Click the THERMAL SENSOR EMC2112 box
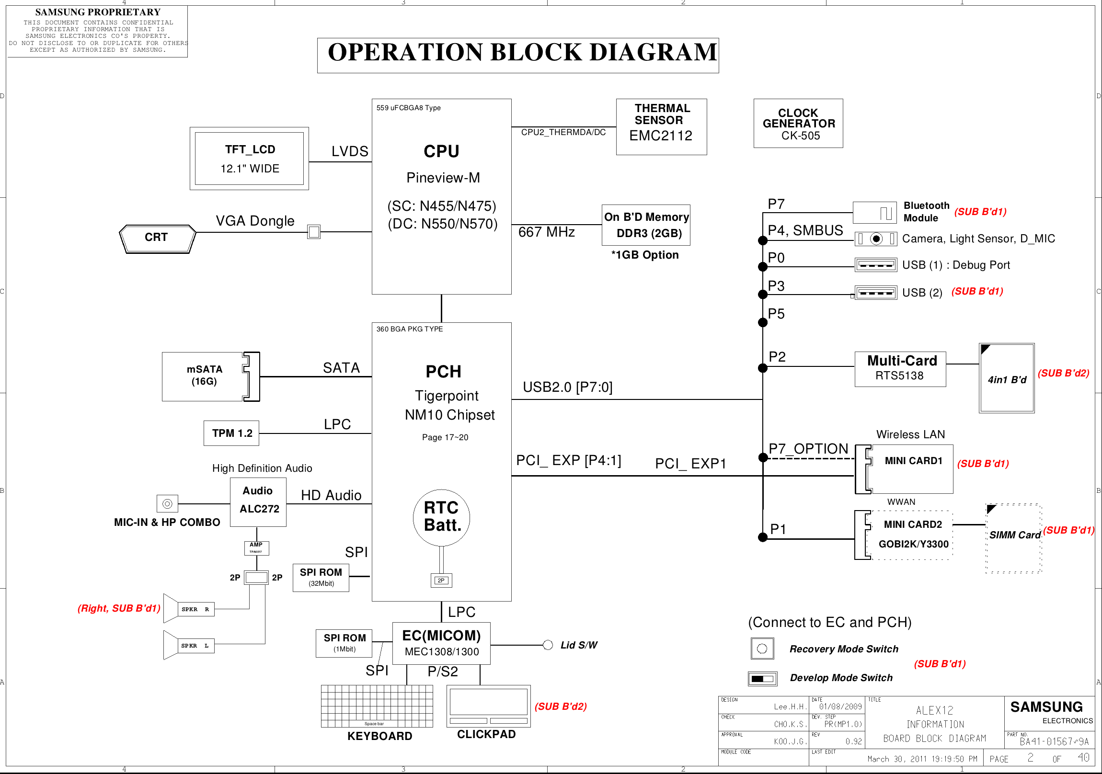[661, 126]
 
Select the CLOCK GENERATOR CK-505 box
[798, 123]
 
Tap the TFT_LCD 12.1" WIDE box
[249, 159]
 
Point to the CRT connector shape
[157, 239]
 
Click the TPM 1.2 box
[231, 433]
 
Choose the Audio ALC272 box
[258, 502]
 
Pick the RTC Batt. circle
[441, 517]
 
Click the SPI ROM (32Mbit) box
[321, 577]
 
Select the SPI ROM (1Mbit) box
[344, 643]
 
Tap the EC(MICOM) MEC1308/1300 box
[441, 643]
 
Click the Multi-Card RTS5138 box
[900, 368]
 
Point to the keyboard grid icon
[377, 706]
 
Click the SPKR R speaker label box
[195, 609]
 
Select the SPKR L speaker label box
[195, 646]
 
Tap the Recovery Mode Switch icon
[762, 649]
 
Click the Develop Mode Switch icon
[762, 679]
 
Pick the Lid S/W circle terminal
[548, 645]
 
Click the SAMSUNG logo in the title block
[1046, 707]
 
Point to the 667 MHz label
[546, 232]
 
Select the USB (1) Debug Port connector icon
[875, 265]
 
